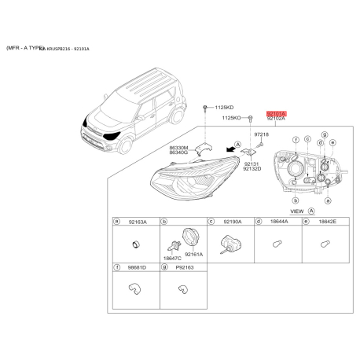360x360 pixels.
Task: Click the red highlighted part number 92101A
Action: coord(277,113)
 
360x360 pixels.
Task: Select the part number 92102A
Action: coord(277,119)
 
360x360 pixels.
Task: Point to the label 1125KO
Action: coord(232,118)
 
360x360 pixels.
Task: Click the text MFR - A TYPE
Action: coord(24,48)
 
